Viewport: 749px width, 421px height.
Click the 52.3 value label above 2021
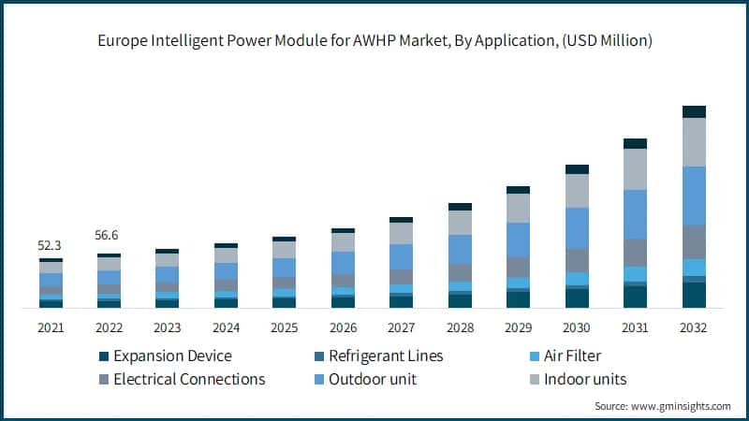tap(51, 245)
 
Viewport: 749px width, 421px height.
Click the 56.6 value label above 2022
tap(109, 236)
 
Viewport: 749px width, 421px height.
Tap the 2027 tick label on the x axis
tap(401, 328)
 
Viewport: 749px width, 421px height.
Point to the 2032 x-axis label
tap(693, 328)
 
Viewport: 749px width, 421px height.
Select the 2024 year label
tap(226, 328)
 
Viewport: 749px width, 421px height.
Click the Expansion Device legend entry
tap(171, 356)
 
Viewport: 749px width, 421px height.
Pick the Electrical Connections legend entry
tap(189, 379)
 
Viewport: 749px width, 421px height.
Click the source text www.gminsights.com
tap(682, 406)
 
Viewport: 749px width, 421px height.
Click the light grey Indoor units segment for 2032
tap(694, 142)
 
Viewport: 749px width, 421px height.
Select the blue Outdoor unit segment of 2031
tap(636, 214)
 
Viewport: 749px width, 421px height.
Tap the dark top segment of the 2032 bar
tap(694, 111)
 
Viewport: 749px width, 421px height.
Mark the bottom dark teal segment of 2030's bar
tap(577, 298)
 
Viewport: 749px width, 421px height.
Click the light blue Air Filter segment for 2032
tap(694, 267)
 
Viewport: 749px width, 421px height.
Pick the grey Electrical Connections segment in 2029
tap(518, 267)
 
